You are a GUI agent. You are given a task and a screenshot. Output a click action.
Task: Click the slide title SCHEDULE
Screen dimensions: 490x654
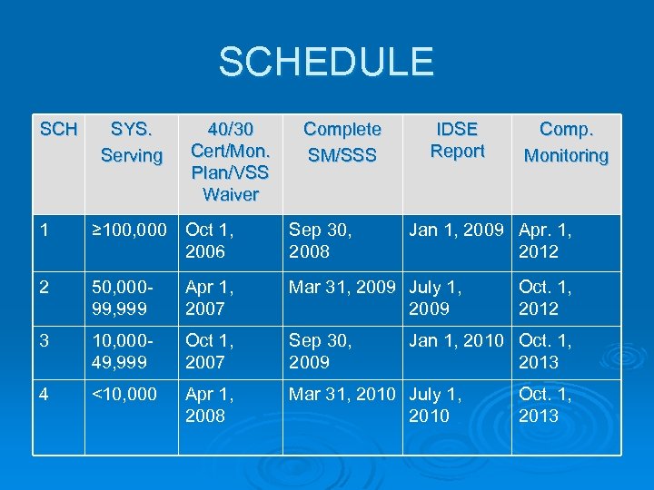(x=326, y=63)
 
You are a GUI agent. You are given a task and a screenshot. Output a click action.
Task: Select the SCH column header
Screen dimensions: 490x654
(x=59, y=130)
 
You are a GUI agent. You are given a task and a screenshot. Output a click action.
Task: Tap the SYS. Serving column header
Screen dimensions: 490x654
(x=132, y=143)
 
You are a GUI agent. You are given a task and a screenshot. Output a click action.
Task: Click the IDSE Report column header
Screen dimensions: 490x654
(x=457, y=141)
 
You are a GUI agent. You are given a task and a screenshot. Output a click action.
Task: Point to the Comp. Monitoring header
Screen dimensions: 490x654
(x=566, y=143)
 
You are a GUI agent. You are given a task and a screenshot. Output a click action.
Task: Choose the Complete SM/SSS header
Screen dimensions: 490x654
(x=342, y=143)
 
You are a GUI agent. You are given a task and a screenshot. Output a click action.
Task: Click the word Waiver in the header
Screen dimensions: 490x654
(x=231, y=194)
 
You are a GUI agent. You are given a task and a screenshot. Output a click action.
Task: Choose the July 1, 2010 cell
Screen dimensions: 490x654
(x=435, y=405)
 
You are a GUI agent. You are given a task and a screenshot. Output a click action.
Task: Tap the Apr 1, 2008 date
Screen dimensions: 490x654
(x=211, y=405)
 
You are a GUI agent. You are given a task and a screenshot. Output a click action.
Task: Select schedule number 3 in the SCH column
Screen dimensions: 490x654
(x=45, y=341)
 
